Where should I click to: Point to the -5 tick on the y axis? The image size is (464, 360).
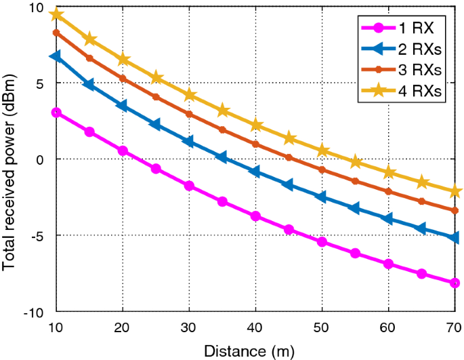[39, 236]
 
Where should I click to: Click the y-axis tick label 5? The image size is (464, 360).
[41, 83]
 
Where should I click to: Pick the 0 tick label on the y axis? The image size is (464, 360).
[41, 159]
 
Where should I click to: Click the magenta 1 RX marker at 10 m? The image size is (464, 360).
[57, 113]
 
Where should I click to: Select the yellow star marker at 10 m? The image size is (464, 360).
[57, 14]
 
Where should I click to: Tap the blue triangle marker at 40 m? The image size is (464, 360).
[255, 172]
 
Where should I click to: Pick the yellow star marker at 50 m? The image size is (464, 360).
[322, 151]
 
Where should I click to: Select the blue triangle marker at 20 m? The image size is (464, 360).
[123, 106]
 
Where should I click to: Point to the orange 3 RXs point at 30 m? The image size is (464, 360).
[189, 114]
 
